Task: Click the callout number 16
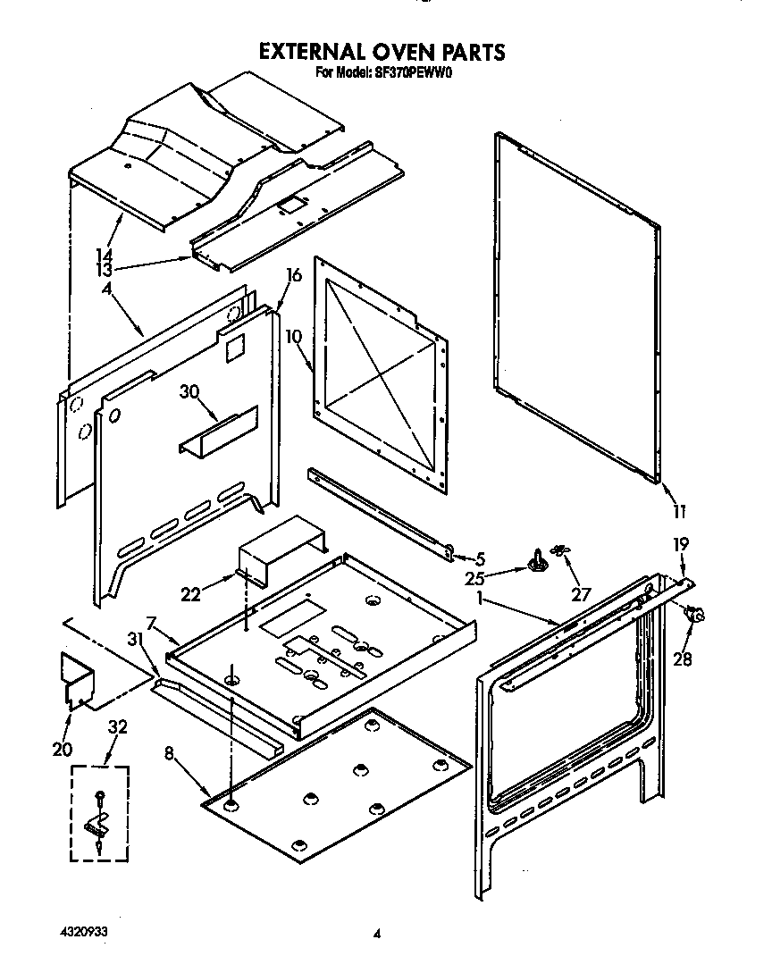292,276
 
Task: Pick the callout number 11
678,512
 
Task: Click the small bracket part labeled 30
217,432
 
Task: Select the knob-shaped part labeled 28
695,615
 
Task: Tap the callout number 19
681,543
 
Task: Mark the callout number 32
117,727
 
